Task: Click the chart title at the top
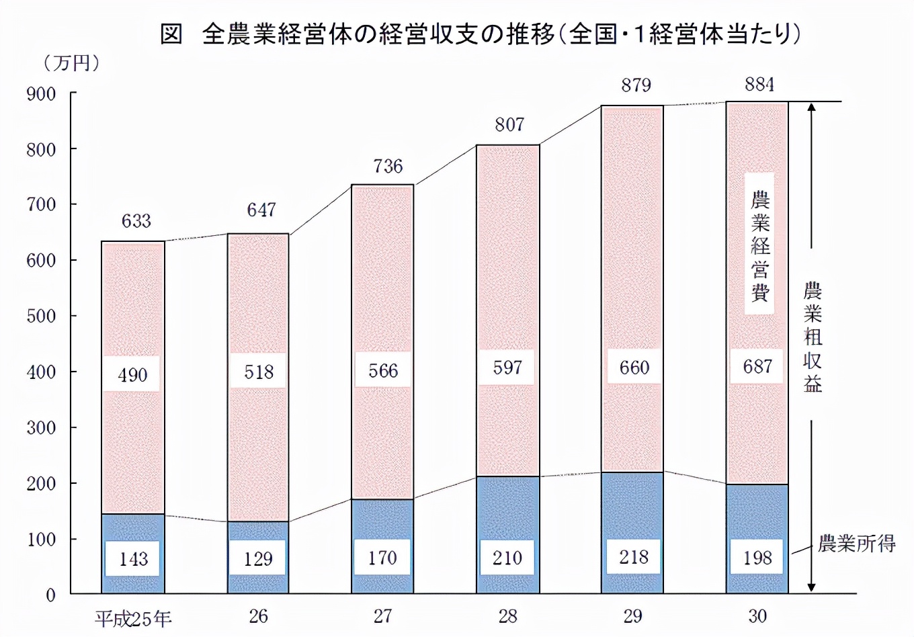click(x=480, y=34)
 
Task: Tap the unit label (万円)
click(x=72, y=63)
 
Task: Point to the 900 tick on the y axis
click(x=42, y=94)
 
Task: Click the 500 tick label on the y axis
click(x=42, y=316)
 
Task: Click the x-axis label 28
click(x=507, y=616)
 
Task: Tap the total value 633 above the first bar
click(x=136, y=221)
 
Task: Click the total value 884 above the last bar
click(x=759, y=85)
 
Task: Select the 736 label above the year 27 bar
click(x=388, y=166)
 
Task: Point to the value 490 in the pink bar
click(x=132, y=375)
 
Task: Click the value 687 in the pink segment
click(x=757, y=366)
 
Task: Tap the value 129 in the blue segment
click(x=258, y=558)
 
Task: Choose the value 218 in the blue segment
click(x=633, y=557)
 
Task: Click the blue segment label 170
click(x=382, y=558)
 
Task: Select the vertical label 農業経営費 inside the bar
click(x=759, y=245)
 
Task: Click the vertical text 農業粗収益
click(x=813, y=337)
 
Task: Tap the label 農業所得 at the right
click(x=856, y=544)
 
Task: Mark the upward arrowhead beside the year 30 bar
click(x=811, y=108)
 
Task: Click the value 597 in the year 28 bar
click(x=507, y=368)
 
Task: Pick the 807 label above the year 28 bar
click(x=509, y=124)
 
